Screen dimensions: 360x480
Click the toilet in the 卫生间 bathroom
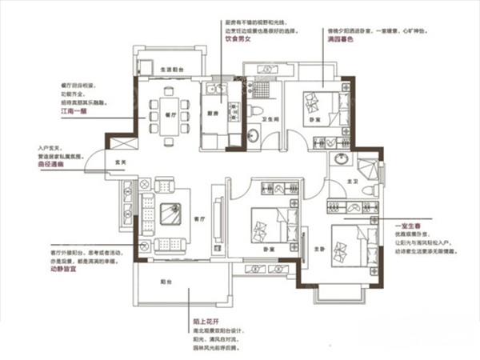pyautogui.click(x=254, y=111)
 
